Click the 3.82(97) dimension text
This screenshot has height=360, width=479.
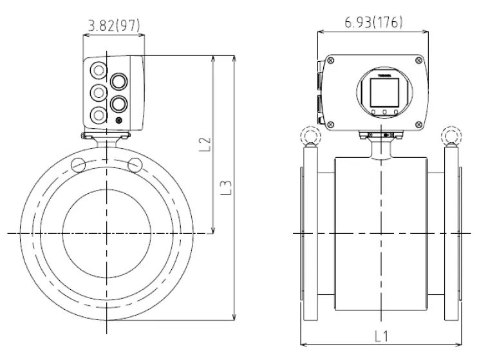pyautogui.click(x=113, y=25)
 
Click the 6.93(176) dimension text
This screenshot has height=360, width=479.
pyautogui.click(x=373, y=23)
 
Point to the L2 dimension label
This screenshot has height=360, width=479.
pyautogui.click(x=205, y=143)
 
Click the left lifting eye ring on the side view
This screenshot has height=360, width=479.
pyautogui.click(x=308, y=137)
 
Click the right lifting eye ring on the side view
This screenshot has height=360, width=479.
pyautogui.click(x=450, y=137)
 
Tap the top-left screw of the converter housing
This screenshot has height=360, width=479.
pyautogui.click(x=331, y=61)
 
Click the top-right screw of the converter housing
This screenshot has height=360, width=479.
pyautogui.click(x=420, y=61)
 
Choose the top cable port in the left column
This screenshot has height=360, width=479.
pyautogui.click(x=98, y=70)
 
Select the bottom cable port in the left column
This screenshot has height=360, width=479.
pyautogui.click(x=98, y=115)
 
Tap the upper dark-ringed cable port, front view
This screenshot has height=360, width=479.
pyautogui.click(x=119, y=81)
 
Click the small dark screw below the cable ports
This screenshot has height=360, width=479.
pyautogui.click(x=118, y=120)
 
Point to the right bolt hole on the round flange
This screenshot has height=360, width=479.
pyautogui.click(x=135, y=165)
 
